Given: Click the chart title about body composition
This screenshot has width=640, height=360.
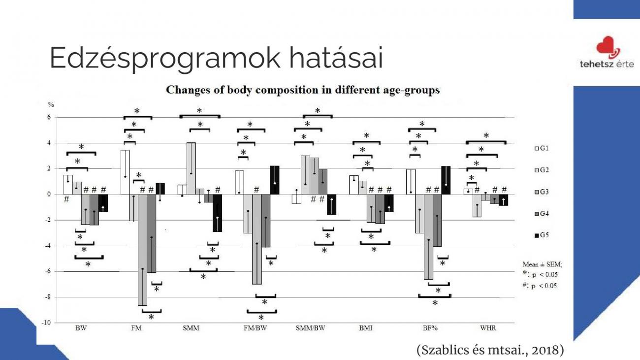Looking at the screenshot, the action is click(303, 90).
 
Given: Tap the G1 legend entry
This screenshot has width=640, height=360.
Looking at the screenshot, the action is click(542, 148).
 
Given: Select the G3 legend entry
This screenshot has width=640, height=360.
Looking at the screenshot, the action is click(542, 192).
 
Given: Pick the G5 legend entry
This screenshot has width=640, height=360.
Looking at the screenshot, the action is click(542, 235).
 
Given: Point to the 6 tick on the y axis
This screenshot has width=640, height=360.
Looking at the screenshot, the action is click(49, 117).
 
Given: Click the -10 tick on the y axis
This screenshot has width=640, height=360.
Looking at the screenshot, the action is click(46, 323).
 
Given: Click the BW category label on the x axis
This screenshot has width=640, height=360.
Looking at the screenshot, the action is click(81, 328).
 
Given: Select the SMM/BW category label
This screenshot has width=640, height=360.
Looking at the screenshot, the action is click(310, 328).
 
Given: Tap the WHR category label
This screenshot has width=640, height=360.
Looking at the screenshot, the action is click(488, 328).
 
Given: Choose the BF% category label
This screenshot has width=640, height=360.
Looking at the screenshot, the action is click(430, 328).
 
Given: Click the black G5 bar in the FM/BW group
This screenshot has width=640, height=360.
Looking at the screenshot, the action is click(275, 180).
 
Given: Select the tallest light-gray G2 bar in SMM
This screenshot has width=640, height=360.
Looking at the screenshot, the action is click(191, 168).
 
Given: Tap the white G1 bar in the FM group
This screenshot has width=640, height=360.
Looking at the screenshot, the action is click(125, 172).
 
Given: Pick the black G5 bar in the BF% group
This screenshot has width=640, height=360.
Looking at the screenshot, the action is click(446, 180).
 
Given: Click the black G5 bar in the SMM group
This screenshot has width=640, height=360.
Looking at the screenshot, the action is click(218, 213).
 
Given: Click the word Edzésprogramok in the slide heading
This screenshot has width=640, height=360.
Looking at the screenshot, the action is click(165, 58).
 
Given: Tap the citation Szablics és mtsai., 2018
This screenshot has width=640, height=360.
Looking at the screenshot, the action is click(490, 350).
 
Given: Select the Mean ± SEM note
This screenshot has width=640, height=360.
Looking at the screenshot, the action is click(543, 264).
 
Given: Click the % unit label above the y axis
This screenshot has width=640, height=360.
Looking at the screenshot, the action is click(51, 104).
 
